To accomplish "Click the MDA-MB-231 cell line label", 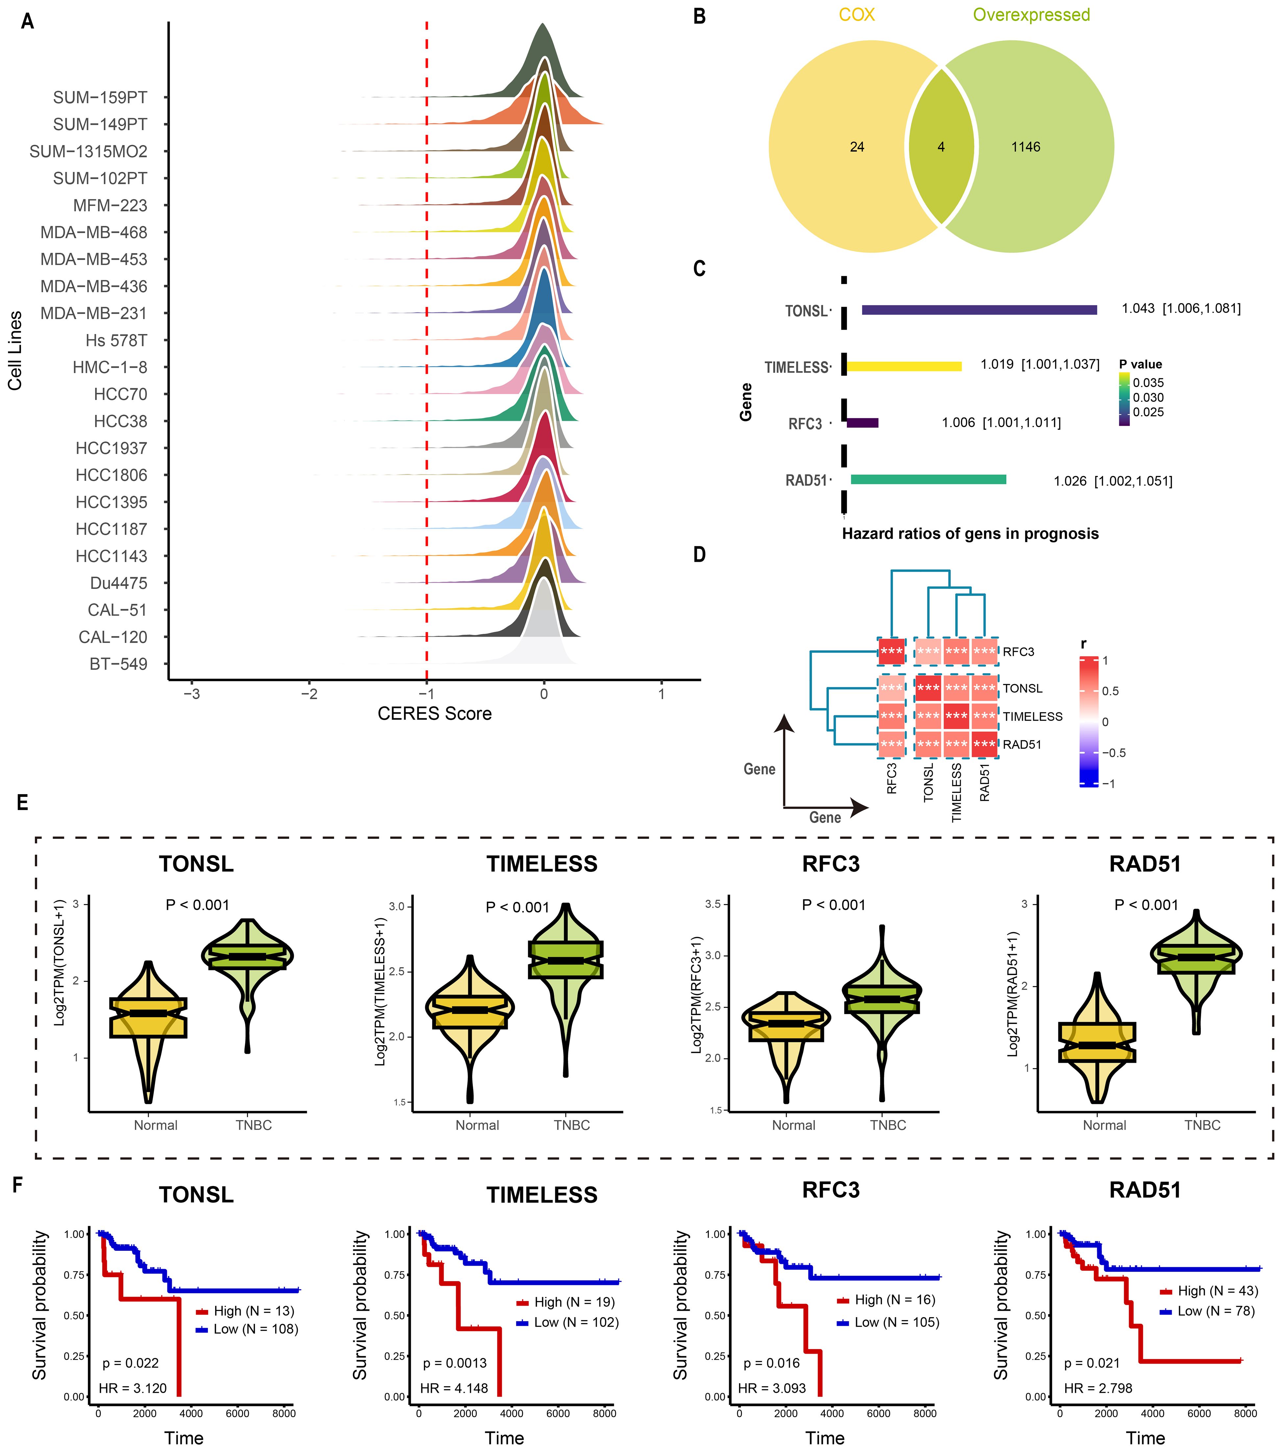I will point(94,313).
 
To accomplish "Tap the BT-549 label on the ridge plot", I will point(119,664).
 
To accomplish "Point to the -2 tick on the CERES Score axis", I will point(309,694).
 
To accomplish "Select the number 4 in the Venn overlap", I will point(941,147).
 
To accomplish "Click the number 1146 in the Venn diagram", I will point(1025,147).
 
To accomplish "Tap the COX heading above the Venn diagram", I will point(856,15).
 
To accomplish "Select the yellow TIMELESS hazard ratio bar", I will point(903,366).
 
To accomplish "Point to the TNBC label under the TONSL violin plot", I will point(254,1125).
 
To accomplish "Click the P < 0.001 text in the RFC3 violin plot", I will point(834,905).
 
